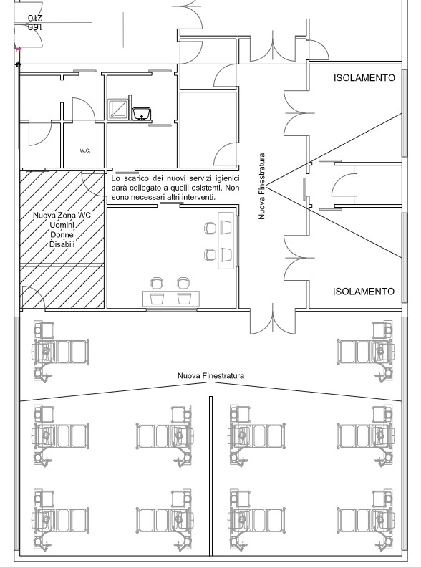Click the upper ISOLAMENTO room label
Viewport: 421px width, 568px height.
(364, 77)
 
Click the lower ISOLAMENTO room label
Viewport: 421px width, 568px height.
(364, 292)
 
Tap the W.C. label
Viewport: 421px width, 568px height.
(85, 150)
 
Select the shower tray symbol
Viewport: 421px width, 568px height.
(118, 109)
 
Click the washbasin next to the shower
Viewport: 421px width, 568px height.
(141, 114)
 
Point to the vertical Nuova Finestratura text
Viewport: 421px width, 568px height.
(262, 186)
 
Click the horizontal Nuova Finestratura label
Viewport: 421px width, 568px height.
(210, 375)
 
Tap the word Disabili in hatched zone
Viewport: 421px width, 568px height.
(62, 244)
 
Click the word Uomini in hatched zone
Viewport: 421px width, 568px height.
(62, 225)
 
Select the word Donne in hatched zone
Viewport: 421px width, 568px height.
(62, 235)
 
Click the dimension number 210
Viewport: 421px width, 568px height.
(35, 18)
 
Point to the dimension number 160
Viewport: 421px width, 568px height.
(35, 27)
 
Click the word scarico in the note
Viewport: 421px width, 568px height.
(136, 178)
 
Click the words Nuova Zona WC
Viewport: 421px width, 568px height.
(62, 215)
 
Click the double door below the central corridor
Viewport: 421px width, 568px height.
(273, 321)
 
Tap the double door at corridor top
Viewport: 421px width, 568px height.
(273, 47)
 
